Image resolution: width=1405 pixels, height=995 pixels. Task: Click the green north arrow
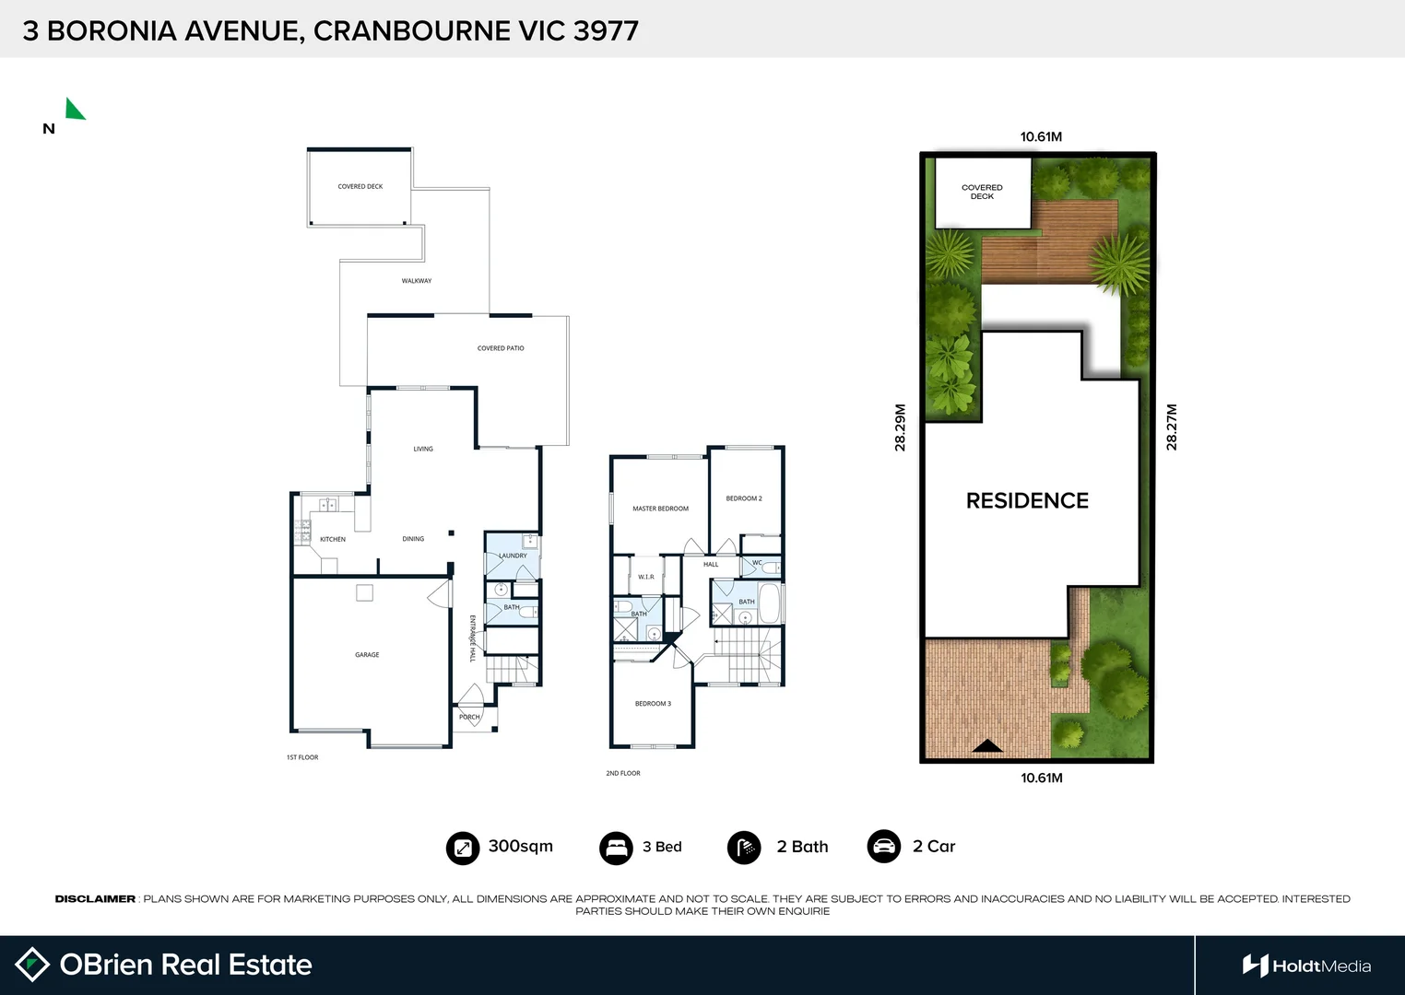click(x=74, y=110)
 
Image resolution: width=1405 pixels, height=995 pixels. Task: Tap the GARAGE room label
click(x=367, y=655)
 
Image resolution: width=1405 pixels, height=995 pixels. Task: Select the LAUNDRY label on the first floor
click(x=513, y=556)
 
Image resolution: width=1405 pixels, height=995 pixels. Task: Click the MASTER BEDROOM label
click(x=660, y=509)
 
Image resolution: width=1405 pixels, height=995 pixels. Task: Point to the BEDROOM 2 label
click(x=744, y=498)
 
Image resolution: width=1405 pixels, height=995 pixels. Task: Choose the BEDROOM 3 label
click(x=653, y=704)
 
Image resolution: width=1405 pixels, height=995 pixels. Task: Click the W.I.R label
click(x=645, y=577)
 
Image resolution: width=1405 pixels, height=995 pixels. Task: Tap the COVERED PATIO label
click(x=501, y=348)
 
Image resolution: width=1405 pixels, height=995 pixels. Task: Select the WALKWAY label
click(x=417, y=281)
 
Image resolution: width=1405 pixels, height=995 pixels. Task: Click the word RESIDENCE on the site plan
click(x=1027, y=500)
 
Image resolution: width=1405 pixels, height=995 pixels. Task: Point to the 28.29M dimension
click(x=901, y=427)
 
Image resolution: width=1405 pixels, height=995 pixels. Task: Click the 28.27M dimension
click(x=1172, y=427)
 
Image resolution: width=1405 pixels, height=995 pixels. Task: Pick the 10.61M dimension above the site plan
click(x=1041, y=136)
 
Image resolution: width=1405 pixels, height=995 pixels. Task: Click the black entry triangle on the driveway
click(x=987, y=746)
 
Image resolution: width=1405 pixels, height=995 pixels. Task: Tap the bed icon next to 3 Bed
click(x=616, y=848)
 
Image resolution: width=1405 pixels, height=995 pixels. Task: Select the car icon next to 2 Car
click(x=884, y=847)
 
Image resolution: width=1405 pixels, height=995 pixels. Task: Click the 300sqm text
click(x=520, y=846)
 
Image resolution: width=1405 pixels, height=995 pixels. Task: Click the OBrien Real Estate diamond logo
click(x=33, y=965)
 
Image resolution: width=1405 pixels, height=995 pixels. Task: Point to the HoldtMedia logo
click(x=1306, y=966)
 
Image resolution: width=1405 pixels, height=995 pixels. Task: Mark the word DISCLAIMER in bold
click(x=95, y=898)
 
